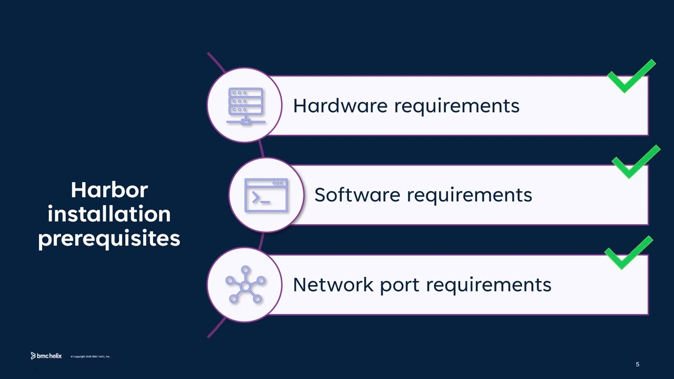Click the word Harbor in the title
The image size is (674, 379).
click(x=109, y=190)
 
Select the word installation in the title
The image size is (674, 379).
click(x=109, y=214)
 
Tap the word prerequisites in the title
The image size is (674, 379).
click(x=109, y=238)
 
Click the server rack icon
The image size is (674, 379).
click(x=245, y=106)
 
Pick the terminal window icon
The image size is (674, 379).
click(x=266, y=195)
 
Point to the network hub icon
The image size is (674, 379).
click(x=245, y=285)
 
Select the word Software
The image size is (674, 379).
click(x=358, y=195)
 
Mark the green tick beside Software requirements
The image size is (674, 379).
click(x=636, y=163)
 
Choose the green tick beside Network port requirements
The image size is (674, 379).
click(x=629, y=253)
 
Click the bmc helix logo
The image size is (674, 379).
click(x=46, y=356)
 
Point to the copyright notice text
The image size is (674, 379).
click(x=91, y=357)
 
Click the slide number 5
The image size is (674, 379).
click(x=638, y=364)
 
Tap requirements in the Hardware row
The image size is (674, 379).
click(x=457, y=106)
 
